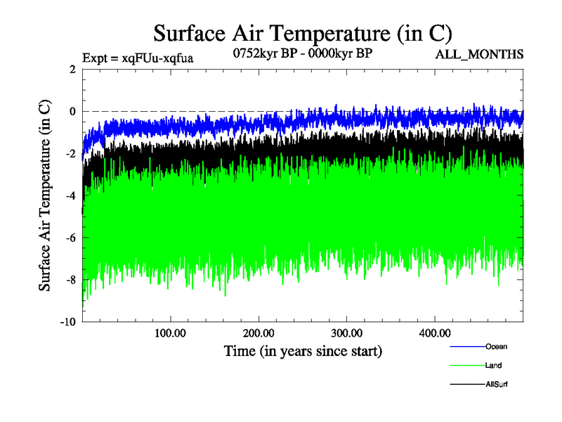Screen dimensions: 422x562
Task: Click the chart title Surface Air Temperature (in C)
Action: [302, 33]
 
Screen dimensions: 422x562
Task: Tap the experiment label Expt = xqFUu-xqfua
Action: [138, 58]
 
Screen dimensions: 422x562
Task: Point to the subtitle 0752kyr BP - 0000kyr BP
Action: [302, 52]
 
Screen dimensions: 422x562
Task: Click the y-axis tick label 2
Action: [72, 70]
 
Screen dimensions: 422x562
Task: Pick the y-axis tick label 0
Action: [72, 112]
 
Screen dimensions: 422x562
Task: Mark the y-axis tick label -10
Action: [68, 322]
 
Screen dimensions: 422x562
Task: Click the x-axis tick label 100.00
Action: [170, 333]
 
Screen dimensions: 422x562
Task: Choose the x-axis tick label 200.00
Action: [259, 333]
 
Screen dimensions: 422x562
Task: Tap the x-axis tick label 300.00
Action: [347, 333]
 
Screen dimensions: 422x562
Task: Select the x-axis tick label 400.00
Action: [435, 333]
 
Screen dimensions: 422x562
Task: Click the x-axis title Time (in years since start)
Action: [303, 350]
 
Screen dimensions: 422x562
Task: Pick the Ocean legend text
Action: [496, 346]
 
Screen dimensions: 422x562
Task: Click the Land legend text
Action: [493, 365]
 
